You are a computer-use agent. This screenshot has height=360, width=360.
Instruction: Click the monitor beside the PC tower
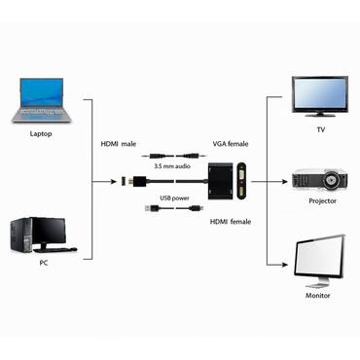click(51, 232)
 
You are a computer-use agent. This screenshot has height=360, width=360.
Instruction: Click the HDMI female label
click(230, 223)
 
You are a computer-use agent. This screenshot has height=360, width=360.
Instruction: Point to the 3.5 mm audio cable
click(176, 154)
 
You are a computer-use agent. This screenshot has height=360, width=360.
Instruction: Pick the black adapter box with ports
click(231, 182)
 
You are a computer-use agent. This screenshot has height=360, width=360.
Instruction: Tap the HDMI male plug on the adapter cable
click(127, 181)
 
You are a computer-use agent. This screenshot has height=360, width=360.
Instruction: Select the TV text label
click(319, 128)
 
